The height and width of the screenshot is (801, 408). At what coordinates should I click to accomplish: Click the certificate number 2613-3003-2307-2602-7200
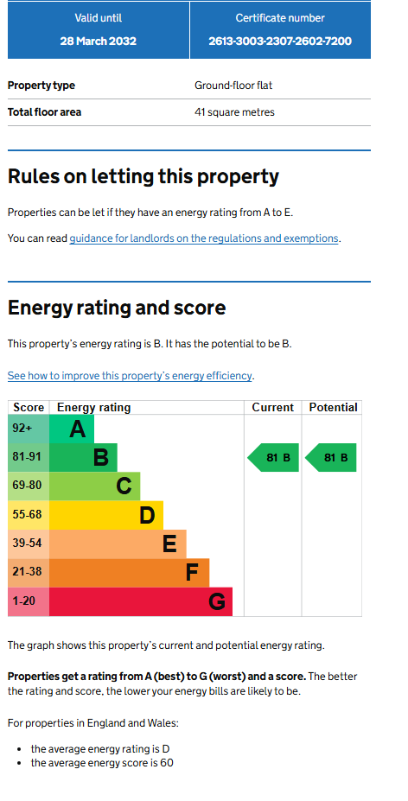pyautogui.click(x=280, y=41)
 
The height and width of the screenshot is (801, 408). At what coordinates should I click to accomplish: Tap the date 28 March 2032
pyautogui.click(x=99, y=41)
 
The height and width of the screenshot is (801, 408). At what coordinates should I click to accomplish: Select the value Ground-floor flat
pyautogui.click(x=233, y=86)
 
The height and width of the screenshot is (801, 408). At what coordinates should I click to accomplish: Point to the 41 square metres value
pyautogui.click(x=234, y=111)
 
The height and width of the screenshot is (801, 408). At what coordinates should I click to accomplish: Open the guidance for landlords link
pyautogui.click(x=203, y=238)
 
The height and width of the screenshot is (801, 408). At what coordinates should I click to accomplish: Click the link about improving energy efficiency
pyautogui.click(x=130, y=376)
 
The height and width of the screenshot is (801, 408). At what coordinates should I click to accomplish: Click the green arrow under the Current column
pyautogui.click(x=273, y=458)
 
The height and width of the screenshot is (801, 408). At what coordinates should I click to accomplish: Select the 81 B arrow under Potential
pyautogui.click(x=331, y=458)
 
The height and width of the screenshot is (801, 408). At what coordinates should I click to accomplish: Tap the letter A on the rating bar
pyautogui.click(x=77, y=429)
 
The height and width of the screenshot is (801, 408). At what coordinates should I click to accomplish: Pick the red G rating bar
pyautogui.click(x=141, y=601)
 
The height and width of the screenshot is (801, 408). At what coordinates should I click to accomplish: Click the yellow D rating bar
pyautogui.click(x=105, y=516)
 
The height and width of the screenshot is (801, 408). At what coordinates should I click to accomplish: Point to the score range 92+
pyautogui.click(x=22, y=428)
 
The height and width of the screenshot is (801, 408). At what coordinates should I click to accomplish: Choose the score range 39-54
pyautogui.click(x=27, y=543)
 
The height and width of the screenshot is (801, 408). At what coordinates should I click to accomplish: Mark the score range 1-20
pyautogui.click(x=24, y=601)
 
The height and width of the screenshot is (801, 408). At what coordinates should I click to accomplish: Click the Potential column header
pyautogui.click(x=333, y=408)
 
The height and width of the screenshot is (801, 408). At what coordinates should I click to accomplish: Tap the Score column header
pyautogui.click(x=29, y=408)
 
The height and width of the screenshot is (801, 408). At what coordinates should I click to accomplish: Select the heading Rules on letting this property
pyautogui.click(x=143, y=177)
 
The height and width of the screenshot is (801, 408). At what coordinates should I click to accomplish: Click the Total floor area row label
pyautogui.click(x=44, y=111)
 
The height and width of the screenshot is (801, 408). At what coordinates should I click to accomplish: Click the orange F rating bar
pyautogui.click(x=130, y=573)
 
